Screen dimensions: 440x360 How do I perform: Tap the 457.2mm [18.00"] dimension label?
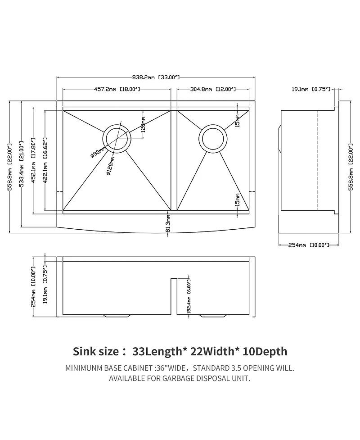tap(117, 89)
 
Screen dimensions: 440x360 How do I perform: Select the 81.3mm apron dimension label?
tap(168, 223)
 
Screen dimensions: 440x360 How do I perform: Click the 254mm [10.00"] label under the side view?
tap(308, 245)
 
